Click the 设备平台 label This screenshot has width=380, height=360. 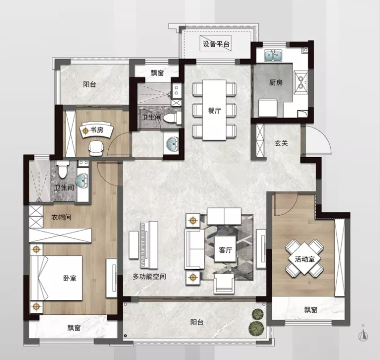point(216,44)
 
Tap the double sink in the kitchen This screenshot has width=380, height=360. point(273,56)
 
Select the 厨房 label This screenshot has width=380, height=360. point(276,83)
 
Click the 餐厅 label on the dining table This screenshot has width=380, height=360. point(215,110)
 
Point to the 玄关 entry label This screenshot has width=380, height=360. point(281,143)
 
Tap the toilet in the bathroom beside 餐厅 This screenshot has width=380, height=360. point(173,118)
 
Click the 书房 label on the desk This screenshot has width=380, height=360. point(97,130)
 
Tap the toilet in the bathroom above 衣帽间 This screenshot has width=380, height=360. point(63,169)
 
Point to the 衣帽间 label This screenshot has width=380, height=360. point(61,217)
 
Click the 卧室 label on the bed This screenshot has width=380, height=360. point(70,278)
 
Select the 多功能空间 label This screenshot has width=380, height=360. point(149,276)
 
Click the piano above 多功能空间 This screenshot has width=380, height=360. point(149,245)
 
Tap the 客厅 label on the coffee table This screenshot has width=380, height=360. point(225,250)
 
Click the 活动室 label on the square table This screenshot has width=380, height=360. point(305,259)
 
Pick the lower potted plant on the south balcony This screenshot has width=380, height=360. point(256,328)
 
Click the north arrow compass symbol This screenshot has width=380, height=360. point(363,334)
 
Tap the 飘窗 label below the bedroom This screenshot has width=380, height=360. point(74,328)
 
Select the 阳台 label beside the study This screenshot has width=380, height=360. point(89,84)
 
